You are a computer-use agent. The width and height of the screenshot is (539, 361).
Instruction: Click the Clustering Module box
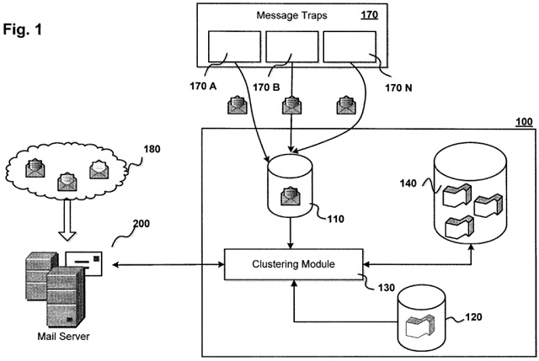(x=293, y=264)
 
